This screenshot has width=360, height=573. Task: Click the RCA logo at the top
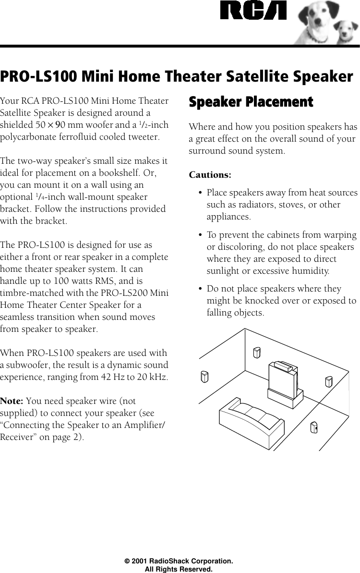(253, 11)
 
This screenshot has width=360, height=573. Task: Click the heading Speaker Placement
(251, 102)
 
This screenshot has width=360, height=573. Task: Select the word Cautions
(210, 174)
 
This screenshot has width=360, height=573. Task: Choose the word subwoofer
(30, 365)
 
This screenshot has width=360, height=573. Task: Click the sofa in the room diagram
(251, 415)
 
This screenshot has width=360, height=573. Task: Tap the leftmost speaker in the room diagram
(204, 377)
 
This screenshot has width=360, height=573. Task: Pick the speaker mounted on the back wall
(257, 353)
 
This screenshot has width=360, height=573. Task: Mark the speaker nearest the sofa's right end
(314, 427)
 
